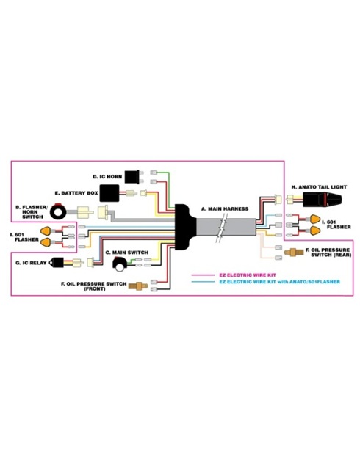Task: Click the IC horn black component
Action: tap(132, 176)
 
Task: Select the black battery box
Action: tap(109, 193)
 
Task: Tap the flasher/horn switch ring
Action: tap(58, 213)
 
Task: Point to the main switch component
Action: tap(120, 264)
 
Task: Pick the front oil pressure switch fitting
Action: tap(138, 286)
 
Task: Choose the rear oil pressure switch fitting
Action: tap(294, 253)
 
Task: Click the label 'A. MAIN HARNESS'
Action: tap(225, 209)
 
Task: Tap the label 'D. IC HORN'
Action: tap(107, 177)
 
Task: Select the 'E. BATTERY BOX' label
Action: tap(76, 193)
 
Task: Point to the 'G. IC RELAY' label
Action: tap(31, 263)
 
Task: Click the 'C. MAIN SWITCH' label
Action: tap(127, 253)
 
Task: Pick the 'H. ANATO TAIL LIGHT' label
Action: tap(319, 187)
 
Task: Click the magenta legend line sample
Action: tap(203, 275)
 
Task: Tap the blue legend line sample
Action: tap(203, 282)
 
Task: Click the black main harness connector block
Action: tap(184, 228)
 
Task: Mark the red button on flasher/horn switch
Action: tap(58, 205)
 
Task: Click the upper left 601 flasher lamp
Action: tap(46, 231)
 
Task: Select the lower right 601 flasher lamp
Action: tap(315, 231)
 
